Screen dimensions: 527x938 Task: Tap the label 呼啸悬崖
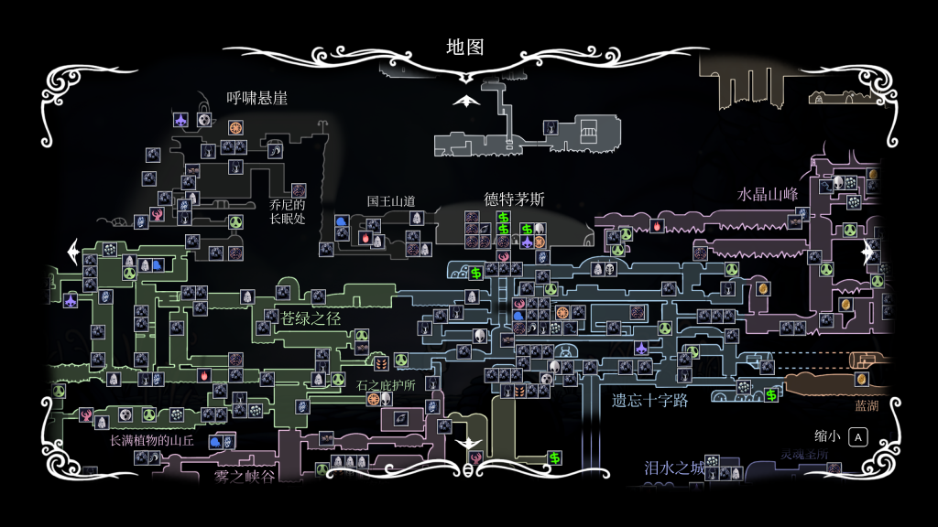point(257,98)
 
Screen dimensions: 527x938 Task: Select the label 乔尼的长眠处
point(287,211)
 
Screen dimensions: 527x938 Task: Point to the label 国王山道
point(391,200)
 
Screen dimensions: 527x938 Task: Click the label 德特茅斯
point(514,199)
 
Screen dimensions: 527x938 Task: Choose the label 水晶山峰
point(768,195)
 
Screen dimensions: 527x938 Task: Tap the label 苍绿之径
point(311,318)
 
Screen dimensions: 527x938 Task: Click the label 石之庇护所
point(386,385)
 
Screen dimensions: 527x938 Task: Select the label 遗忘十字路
point(649,400)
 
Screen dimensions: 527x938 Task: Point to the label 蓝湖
point(866,405)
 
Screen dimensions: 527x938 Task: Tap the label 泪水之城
point(674,468)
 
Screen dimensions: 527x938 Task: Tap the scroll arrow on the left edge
point(72,249)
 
